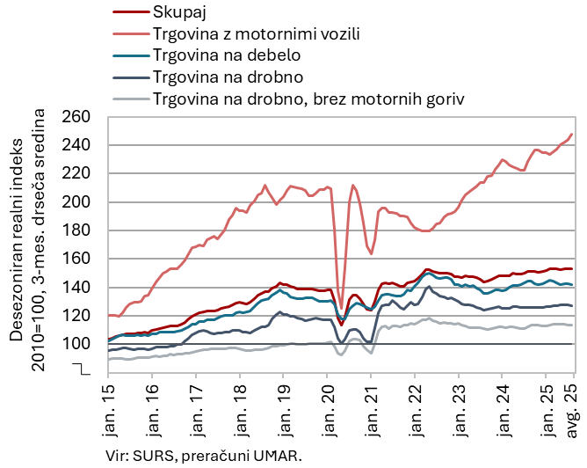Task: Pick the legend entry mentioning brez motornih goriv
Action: tap(308, 98)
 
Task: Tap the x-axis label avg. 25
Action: tap(572, 413)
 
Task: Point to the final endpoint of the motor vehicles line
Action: tap(572, 135)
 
